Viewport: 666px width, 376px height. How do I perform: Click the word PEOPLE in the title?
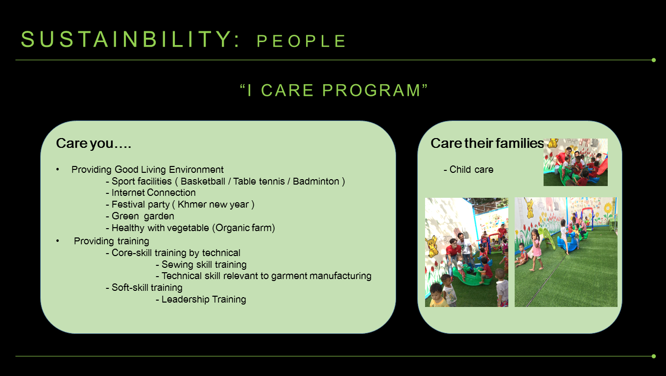(x=301, y=41)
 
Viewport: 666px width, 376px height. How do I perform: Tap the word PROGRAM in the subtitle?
(x=371, y=90)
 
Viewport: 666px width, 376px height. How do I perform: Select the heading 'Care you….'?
(x=94, y=143)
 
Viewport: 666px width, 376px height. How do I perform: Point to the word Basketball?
(x=203, y=181)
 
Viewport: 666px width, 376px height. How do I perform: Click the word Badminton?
(x=316, y=181)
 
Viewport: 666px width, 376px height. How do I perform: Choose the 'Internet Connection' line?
(x=151, y=192)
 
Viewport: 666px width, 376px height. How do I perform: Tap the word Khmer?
(x=192, y=205)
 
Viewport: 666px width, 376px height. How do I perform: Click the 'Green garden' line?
(x=140, y=216)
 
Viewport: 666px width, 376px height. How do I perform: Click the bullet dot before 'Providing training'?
(x=58, y=241)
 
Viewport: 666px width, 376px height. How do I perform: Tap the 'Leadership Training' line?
(x=201, y=299)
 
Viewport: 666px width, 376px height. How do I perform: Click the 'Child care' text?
(x=469, y=169)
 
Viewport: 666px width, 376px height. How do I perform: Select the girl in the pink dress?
(x=537, y=249)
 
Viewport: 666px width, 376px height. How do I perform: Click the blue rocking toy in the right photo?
(x=569, y=242)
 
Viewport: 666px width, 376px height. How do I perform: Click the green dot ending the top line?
(x=653, y=60)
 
